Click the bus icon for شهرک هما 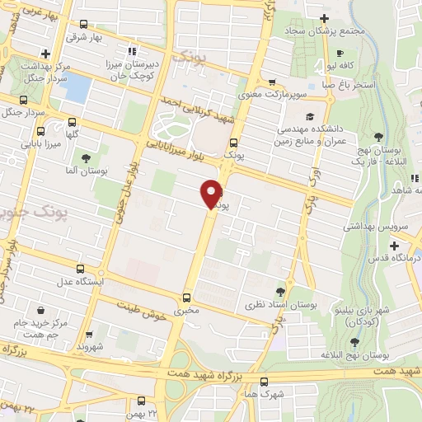pyautogui.click(x=264, y=382)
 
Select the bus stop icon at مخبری pyautogui.click(x=186, y=298)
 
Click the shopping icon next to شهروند pyautogui.click(x=88, y=335)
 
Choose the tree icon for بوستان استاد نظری pyautogui.click(x=280, y=292)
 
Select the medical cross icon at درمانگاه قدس pyautogui.click(x=394, y=246)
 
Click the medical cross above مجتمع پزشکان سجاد pyautogui.click(x=324, y=18)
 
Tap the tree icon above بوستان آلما pyautogui.click(x=85, y=158)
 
